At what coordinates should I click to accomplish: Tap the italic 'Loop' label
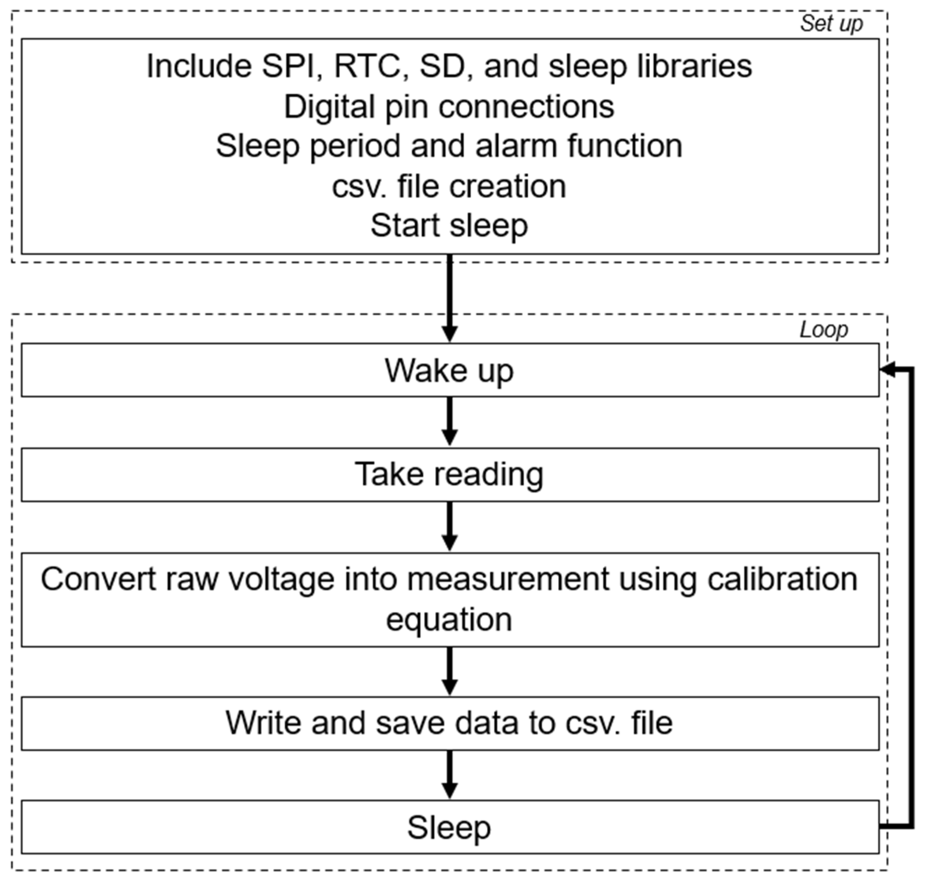point(824,330)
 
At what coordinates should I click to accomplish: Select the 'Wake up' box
point(450,370)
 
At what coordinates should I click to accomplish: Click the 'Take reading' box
point(450,474)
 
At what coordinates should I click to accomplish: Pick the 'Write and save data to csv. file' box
point(450,723)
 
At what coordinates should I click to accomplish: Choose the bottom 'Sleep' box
point(450,827)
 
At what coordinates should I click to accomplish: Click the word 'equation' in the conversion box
point(449,620)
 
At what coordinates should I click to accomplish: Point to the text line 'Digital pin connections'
point(449,107)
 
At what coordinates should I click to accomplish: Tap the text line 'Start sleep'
point(449,226)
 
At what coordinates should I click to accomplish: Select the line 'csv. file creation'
point(449,187)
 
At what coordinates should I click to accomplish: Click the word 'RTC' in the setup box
point(367,66)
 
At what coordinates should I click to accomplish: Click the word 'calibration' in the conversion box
point(782,579)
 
